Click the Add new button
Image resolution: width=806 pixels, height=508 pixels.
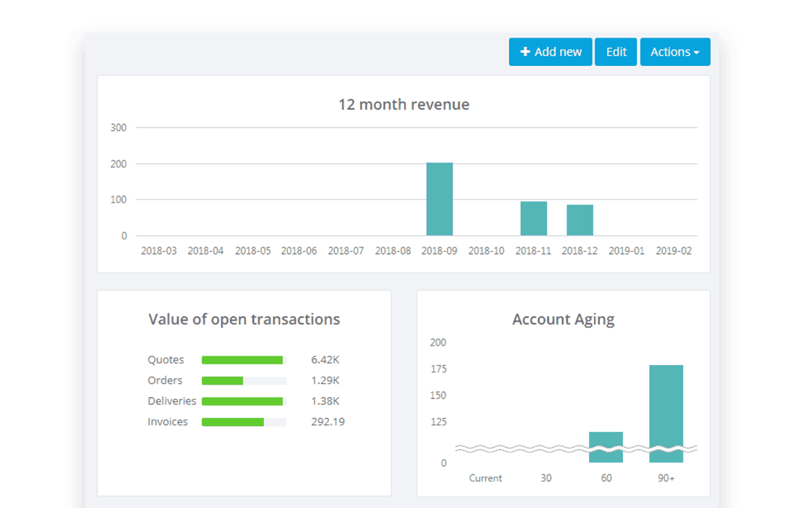[550, 52]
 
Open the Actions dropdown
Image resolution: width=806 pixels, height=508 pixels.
[675, 52]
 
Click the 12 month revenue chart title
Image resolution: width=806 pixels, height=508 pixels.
[404, 105]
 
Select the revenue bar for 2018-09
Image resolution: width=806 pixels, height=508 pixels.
[439, 200]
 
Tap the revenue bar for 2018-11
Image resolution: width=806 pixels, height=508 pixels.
[534, 218]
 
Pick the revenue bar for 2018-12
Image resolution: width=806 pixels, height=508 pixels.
[580, 220]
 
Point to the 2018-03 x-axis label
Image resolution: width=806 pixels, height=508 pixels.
[158, 251]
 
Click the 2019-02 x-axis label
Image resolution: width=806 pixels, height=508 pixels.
[673, 251]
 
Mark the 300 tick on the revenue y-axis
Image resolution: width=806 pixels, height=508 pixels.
[118, 128]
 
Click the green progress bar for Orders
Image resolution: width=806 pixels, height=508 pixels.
[222, 381]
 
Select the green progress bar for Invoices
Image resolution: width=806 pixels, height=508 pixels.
[232, 422]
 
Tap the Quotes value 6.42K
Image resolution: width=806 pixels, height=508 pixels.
[325, 360]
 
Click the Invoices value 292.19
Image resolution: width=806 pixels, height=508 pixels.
[327, 422]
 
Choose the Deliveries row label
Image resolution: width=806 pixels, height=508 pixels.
[172, 401]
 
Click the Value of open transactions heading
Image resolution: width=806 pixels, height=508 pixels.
[244, 319]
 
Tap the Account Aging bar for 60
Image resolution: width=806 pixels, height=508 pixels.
[606, 447]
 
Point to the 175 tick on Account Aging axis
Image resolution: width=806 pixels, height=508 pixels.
[438, 369]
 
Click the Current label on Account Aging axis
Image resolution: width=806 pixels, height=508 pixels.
[485, 478]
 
